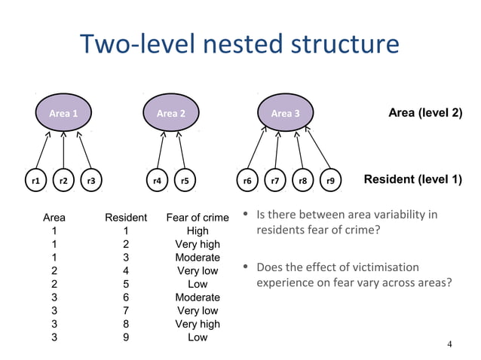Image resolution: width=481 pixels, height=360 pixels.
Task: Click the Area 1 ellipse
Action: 64,114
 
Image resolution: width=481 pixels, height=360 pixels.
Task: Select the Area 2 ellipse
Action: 171,114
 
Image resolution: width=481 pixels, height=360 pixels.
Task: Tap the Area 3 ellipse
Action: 280,114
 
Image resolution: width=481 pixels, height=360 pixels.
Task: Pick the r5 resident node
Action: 185,181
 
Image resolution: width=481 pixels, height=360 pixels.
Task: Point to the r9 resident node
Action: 330,181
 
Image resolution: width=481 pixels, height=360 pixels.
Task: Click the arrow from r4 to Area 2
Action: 161,150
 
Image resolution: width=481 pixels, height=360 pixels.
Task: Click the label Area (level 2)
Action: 424,113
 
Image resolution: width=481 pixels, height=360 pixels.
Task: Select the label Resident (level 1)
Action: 412,180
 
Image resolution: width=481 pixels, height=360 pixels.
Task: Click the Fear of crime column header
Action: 197,218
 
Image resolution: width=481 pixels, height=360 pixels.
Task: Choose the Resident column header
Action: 126,218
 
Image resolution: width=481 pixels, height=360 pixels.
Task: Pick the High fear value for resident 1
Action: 197,231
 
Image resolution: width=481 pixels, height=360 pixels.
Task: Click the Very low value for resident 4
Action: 197,271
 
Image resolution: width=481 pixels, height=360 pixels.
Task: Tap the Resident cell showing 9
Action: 126,337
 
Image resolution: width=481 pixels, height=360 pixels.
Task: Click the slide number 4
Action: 449,345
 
